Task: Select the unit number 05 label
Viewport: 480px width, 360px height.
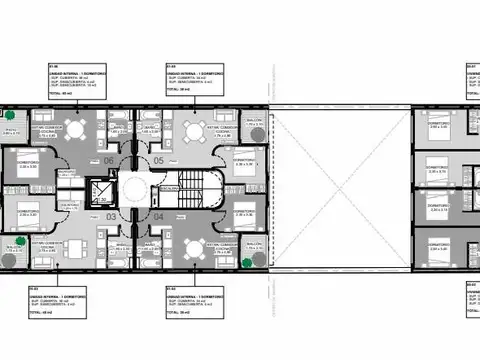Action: [158, 160]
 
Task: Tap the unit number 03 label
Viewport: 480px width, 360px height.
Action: [111, 215]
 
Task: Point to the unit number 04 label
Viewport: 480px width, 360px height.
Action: [158, 215]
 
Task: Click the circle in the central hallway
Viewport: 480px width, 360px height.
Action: [135, 188]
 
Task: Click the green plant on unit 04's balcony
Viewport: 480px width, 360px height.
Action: [246, 262]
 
